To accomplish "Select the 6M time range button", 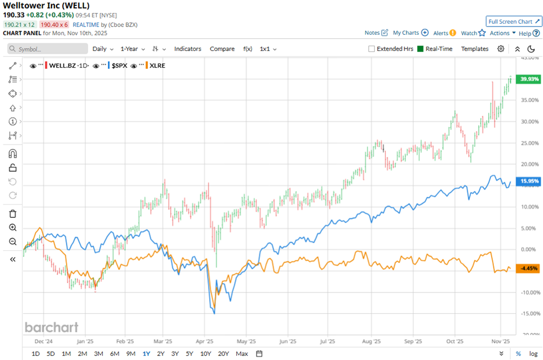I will click(114, 354).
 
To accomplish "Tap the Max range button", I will click(242, 354).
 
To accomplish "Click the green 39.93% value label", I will click(529, 79).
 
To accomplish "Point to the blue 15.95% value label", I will click(529, 181).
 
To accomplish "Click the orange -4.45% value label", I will click(529, 269).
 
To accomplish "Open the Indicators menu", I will click(188, 49).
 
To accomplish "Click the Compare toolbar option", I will click(222, 49).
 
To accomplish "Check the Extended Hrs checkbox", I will click(371, 49).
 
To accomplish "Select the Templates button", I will click(474, 49).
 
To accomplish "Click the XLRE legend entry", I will click(157, 66).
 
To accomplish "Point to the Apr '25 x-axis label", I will click(206, 342).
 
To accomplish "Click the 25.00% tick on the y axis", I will click(530, 143).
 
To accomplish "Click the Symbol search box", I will click(49, 49).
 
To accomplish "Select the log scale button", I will click(534, 354).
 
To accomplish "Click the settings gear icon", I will click(501, 49).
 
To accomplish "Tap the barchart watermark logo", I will click(51, 328).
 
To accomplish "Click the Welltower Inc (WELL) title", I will click(46, 6).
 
